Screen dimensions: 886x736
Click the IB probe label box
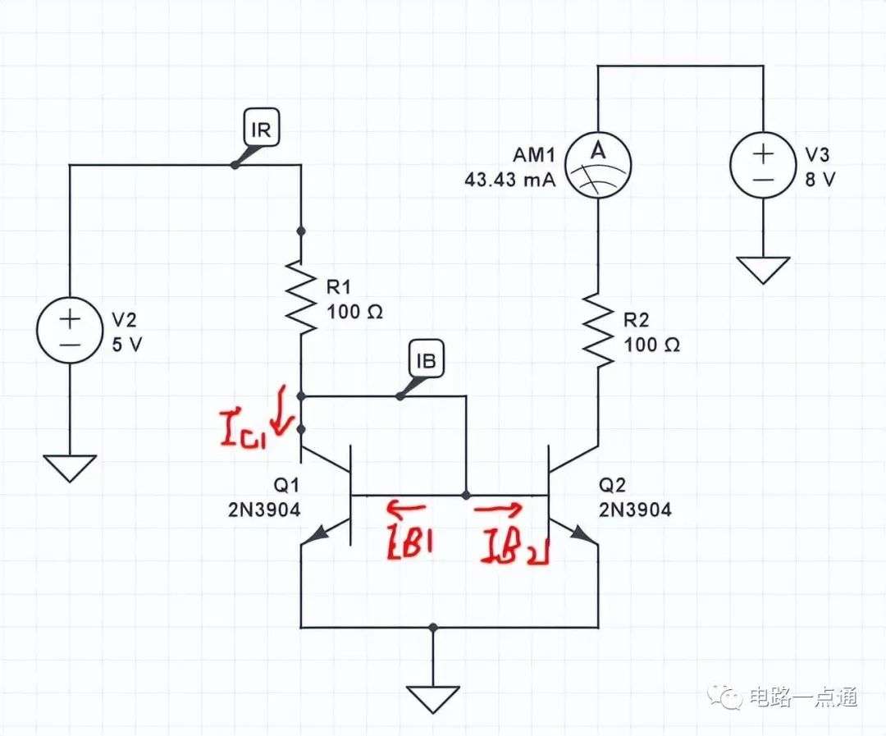[427, 359]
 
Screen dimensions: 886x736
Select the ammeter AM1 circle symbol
[598, 165]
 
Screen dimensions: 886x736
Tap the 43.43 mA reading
[509, 180]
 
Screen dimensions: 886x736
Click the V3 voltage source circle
[763, 165]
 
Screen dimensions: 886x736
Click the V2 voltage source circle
[70, 330]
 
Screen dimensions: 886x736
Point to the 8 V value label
[820, 180]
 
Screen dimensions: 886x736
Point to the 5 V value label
[126, 345]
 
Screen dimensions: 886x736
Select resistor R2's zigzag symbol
[598, 330]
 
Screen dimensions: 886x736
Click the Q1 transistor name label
[286, 484]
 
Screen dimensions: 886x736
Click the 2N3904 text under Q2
[635, 510]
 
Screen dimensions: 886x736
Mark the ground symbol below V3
[763, 270]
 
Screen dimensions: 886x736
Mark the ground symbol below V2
[70, 468]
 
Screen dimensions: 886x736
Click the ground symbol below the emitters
[433, 700]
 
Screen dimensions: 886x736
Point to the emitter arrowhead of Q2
[580, 532]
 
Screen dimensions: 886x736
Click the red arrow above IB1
[406, 508]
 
